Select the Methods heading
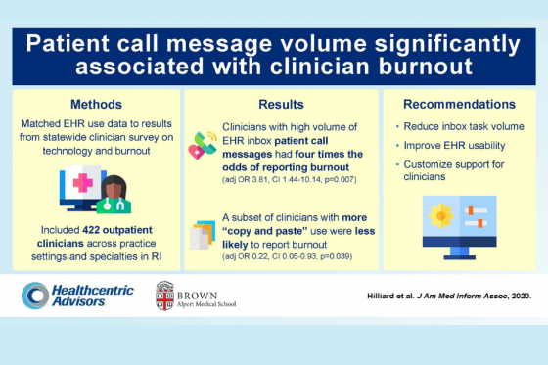coord(95,103)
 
